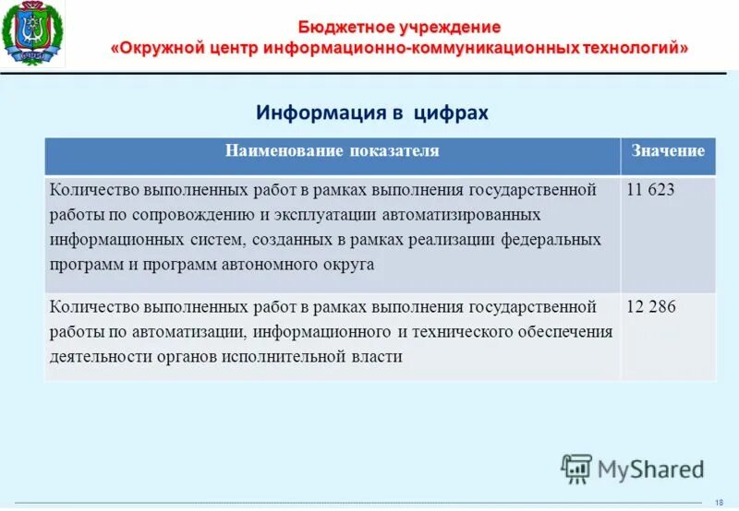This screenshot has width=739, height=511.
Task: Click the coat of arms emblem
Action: (x=33, y=34)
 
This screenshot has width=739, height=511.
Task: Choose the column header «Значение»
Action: (x=668, y=151)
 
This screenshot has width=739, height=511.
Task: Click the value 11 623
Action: (x=650, y=190)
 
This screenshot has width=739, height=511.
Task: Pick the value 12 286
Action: (x=651, y=307)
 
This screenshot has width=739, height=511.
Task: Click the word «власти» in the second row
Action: (x=376, y=356)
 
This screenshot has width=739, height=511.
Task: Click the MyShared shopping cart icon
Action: (x=576, y=469)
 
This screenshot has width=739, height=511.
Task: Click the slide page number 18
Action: (x=718, y=501)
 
